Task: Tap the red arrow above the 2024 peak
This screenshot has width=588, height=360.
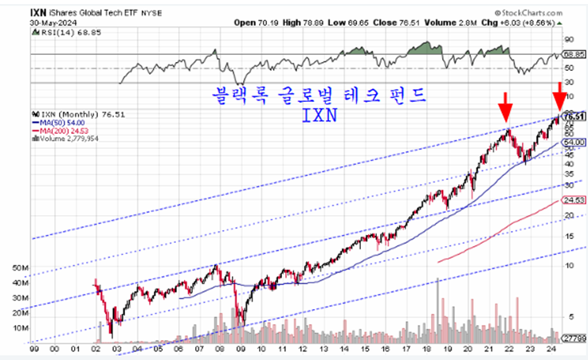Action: (560, 95)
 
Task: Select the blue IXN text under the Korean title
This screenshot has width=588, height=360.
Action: (319, 115)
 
